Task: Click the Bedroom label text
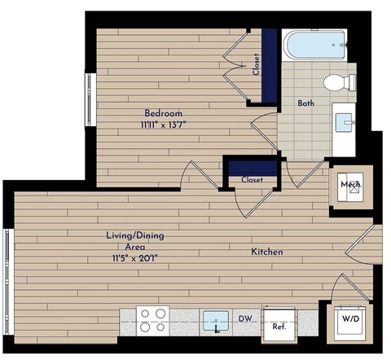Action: coord(163,112)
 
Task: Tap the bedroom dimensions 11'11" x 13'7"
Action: coord(163,125)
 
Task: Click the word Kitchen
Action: coord(266,252)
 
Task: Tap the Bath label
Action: coord(306,103)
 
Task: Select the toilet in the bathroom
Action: coord(337,81)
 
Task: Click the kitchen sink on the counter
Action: coord(216,318)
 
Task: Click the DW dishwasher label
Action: coord(244,320)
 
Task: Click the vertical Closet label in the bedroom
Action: coord(256,65)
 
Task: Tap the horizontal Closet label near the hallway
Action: coord(251,180)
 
